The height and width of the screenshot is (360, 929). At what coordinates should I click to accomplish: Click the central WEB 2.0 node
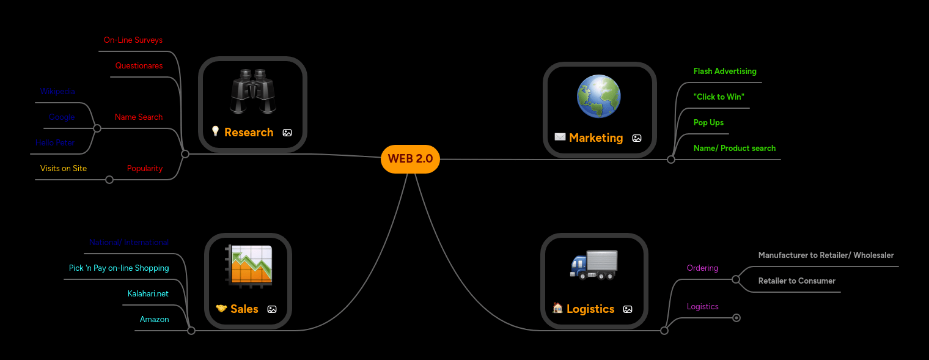click(410, 159)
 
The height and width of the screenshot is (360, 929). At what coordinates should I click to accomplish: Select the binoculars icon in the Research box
click(253, 92)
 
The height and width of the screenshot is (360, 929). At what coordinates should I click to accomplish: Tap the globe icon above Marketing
click(599, 97)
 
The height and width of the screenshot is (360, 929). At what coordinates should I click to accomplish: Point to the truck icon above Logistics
click(594, 265)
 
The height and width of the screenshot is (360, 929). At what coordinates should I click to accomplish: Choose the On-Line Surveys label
click(133, 40)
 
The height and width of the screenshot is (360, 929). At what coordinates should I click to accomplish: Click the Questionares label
click(139, 66)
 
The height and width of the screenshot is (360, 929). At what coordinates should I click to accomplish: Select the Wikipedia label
click(57, 92)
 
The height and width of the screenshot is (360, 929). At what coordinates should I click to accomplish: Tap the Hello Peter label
click(55, 143)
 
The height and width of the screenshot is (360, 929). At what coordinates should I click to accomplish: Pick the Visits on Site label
click(64, 169)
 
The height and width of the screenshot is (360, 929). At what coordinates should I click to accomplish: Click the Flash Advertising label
click(725, 72)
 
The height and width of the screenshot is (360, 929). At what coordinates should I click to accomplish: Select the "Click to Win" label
click(719, 97)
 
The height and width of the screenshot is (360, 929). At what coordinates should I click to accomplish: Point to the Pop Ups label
click(708, 123)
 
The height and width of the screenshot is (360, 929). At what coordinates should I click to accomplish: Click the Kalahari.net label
click(148, 294)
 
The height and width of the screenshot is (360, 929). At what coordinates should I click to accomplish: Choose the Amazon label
click(154, 320)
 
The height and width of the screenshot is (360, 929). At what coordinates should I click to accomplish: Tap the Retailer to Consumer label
click(796, 281)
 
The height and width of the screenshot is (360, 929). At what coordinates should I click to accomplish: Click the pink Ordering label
click(702, 268)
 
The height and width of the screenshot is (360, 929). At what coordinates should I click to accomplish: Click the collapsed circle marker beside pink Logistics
click(736, 318)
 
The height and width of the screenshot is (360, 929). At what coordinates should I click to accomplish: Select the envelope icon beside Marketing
click(560, 137)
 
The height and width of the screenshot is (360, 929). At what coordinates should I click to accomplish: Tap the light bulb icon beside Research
click(215, 131)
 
